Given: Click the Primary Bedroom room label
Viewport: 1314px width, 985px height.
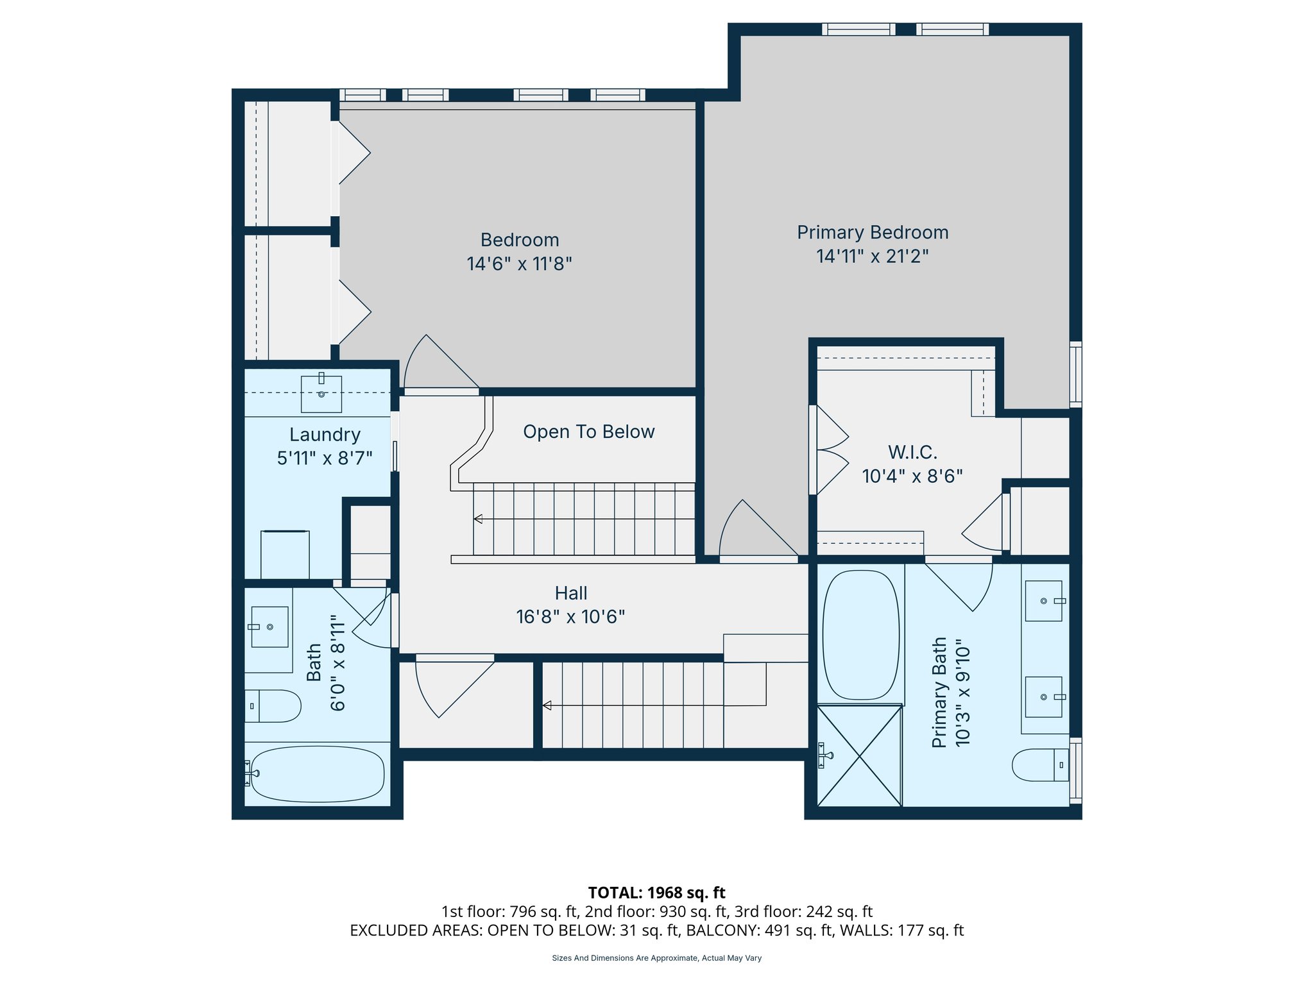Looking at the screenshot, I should click(872, 232).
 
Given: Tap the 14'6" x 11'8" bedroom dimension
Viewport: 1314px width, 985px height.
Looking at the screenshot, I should click(519, 264).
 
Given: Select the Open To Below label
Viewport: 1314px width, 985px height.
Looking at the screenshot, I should click(588, 432).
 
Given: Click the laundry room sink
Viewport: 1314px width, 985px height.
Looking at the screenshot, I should click(321, 394).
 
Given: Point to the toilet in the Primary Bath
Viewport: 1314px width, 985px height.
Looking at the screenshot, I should click(1039, 764).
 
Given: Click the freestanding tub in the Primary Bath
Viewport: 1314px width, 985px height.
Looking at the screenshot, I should click(860, 635).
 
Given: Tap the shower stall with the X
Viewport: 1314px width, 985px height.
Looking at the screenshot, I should click(860, 755).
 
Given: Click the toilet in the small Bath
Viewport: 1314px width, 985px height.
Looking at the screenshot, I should click(273, 706).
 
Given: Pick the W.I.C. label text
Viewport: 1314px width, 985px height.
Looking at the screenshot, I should click(912, 452).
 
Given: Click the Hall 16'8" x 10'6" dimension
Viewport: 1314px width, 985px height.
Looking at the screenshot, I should click(570, 617).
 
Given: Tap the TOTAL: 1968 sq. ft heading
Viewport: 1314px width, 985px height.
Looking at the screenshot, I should click(656, 893).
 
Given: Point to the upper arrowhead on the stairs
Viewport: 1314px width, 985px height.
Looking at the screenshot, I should click(478, 519).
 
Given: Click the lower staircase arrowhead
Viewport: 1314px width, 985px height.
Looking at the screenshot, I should click(547, 705).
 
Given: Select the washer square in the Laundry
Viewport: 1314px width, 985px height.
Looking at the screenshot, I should click(285, 555).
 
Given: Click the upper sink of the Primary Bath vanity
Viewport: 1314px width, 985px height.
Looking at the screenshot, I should click(1044, 601).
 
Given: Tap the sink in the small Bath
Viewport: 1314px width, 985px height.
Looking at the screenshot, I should click(269, 627).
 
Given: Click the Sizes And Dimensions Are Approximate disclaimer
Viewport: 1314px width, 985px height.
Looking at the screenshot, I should click(656, 958).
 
